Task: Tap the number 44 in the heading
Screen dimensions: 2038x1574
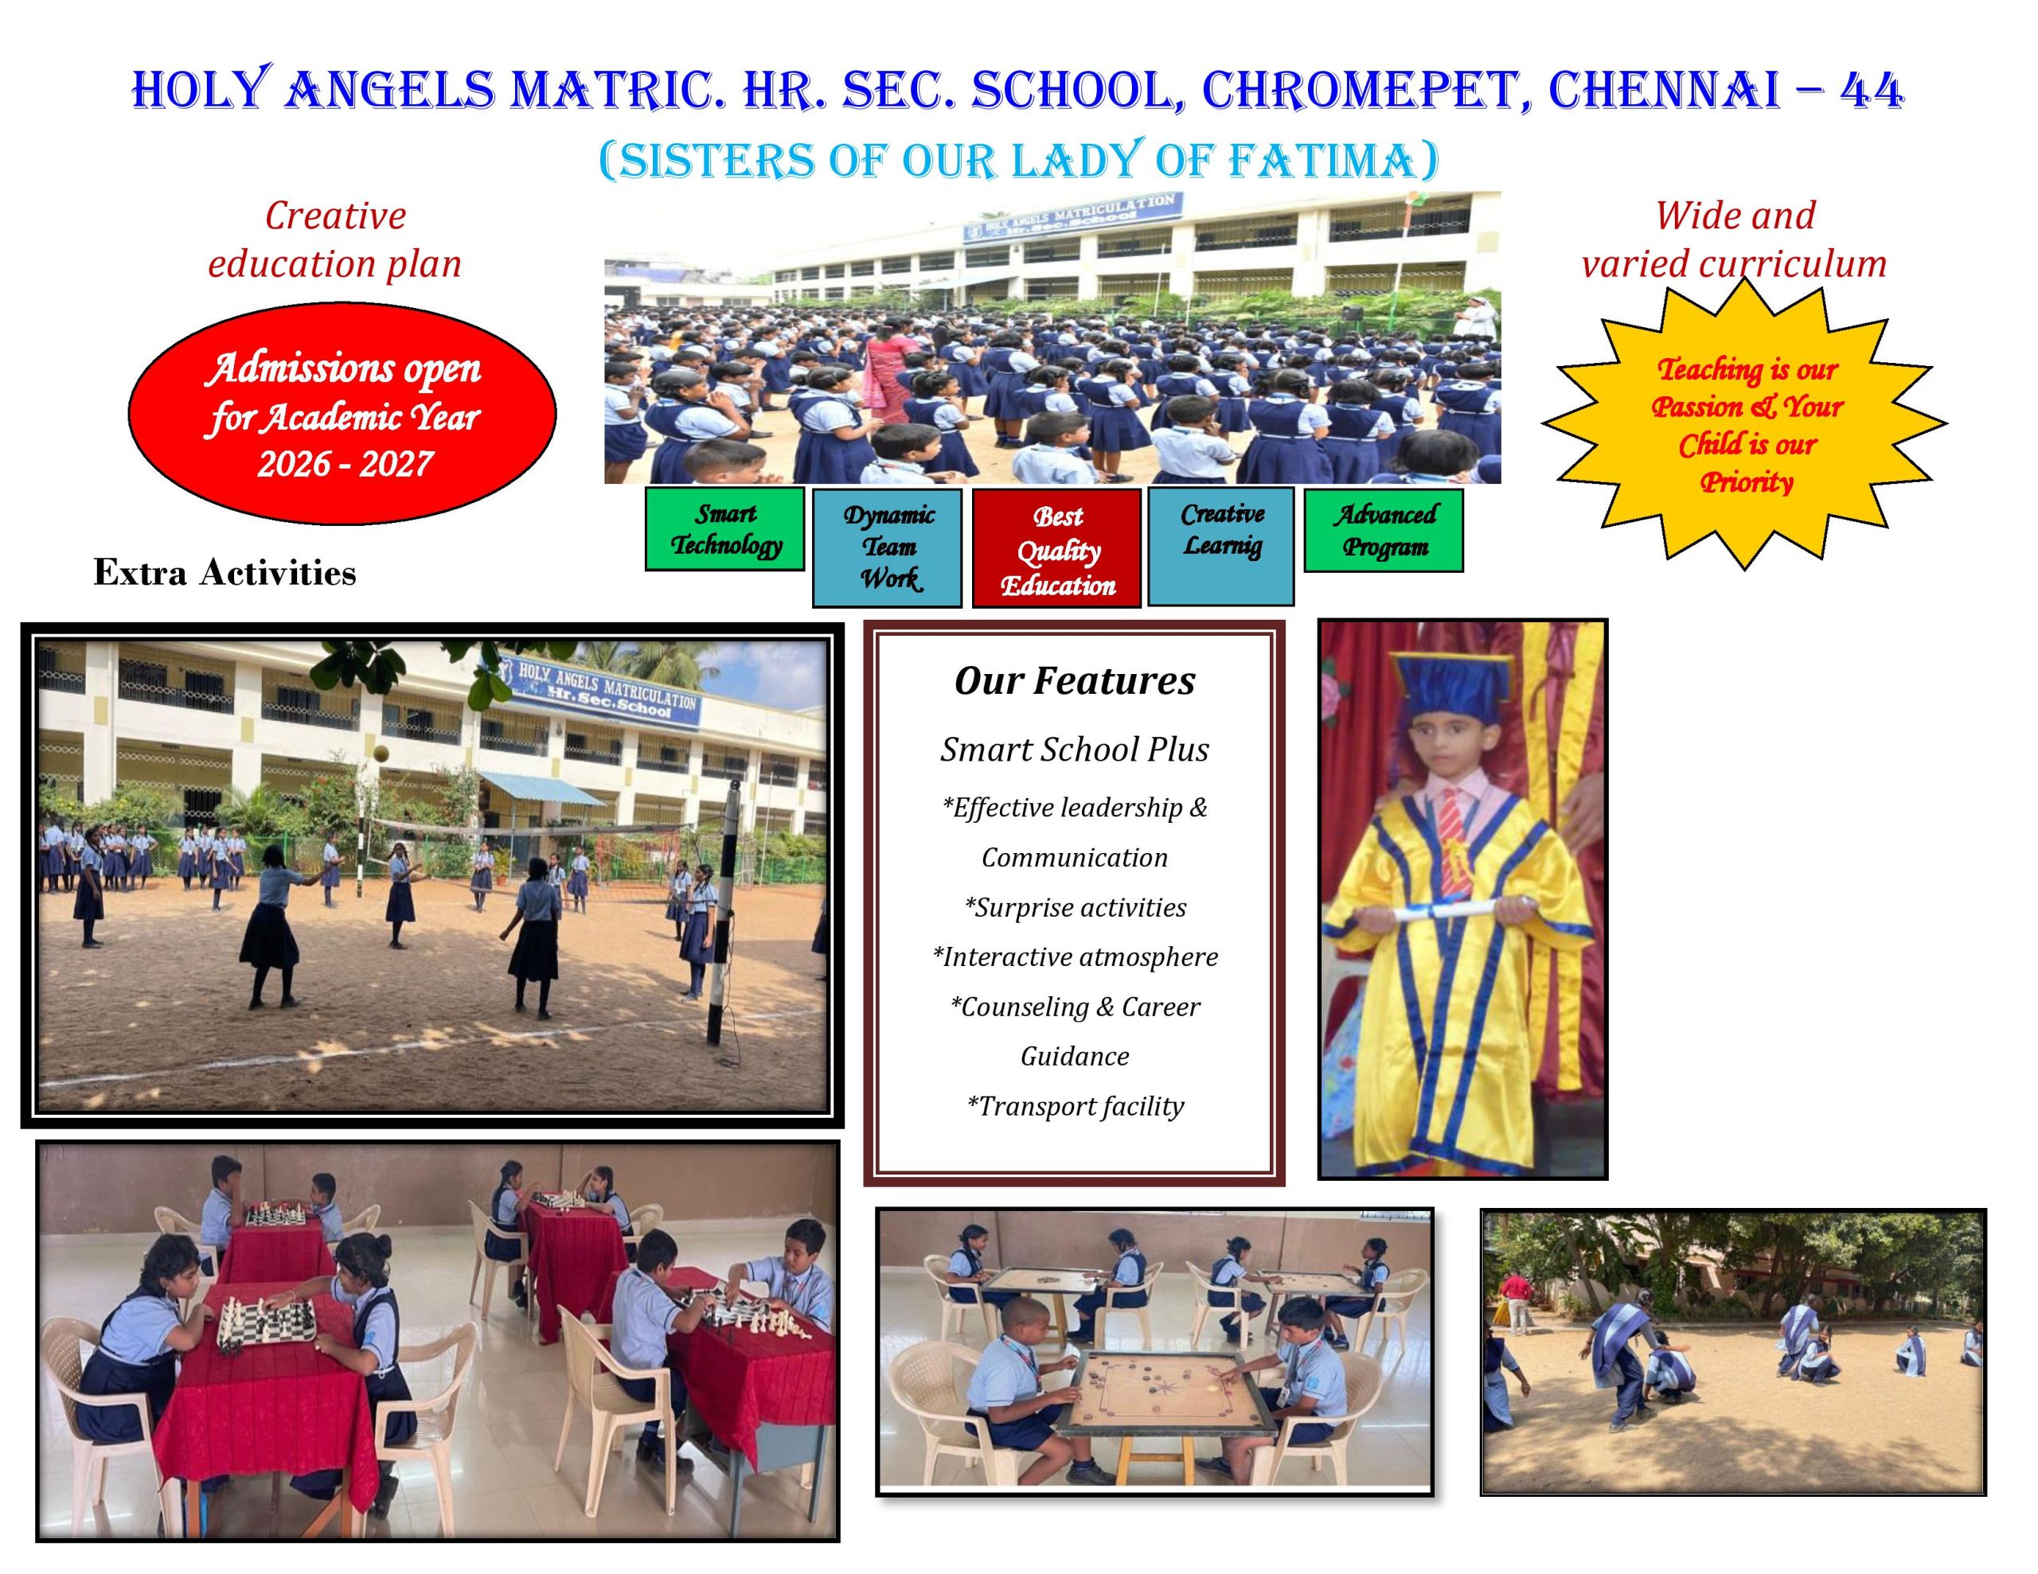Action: (1871, 92)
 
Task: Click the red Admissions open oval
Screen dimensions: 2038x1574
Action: (342, 413)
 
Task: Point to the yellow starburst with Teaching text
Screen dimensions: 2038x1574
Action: (1744, 423)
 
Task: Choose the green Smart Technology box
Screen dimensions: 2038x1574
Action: (724, 529)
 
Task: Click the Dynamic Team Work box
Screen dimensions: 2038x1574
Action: (887, 547)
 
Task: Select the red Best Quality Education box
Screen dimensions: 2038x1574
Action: (1056, 548)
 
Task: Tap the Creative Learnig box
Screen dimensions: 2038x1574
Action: (1220, 547)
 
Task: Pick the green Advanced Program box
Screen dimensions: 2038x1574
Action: (1383, 530)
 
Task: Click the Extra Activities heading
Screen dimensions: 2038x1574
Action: (224, 573)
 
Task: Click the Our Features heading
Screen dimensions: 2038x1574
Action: (1074, 681)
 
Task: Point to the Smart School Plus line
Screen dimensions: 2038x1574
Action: (1074, 750)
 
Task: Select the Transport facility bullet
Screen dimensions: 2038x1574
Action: (1075, 1107)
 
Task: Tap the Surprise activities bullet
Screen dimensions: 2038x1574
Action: (1075, 908)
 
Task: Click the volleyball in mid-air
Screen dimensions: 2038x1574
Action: (380, 753)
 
